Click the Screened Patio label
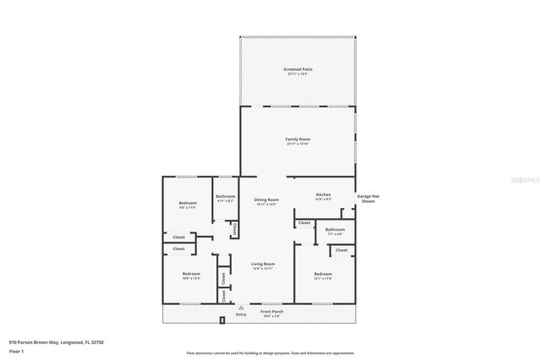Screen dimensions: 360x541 [x=297, y=69]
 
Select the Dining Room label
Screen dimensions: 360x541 [x=266, y=200]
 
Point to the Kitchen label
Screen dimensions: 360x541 [x=323, y=194]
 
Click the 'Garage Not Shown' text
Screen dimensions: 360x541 [x=367, y=198]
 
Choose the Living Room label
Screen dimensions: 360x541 [x=263, y=264]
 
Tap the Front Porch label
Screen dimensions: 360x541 [x=271, y=312]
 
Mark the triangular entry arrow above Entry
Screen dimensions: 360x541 [x=241, y=306]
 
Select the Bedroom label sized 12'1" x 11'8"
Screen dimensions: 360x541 [x=323, y=274]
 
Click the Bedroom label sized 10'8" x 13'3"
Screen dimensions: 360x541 [x=191, y=274]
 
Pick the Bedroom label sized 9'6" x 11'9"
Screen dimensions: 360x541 [x=188, y=203]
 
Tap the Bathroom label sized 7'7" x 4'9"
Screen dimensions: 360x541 [x=335, y=229]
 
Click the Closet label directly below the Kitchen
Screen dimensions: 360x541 [x=303, y=223]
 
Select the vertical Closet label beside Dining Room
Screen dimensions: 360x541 [x=234, y=227]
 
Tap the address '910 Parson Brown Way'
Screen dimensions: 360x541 [x=34, y=342]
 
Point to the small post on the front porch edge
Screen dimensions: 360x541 [x=221, y=321]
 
